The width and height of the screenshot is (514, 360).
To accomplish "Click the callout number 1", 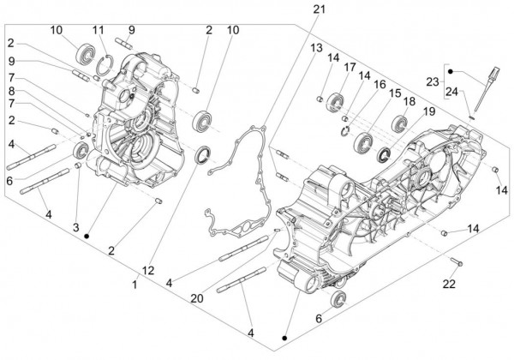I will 134,284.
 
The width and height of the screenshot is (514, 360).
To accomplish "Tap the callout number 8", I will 12,90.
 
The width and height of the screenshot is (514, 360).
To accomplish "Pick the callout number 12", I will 149,271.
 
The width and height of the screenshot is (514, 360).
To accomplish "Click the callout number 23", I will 433,83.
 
